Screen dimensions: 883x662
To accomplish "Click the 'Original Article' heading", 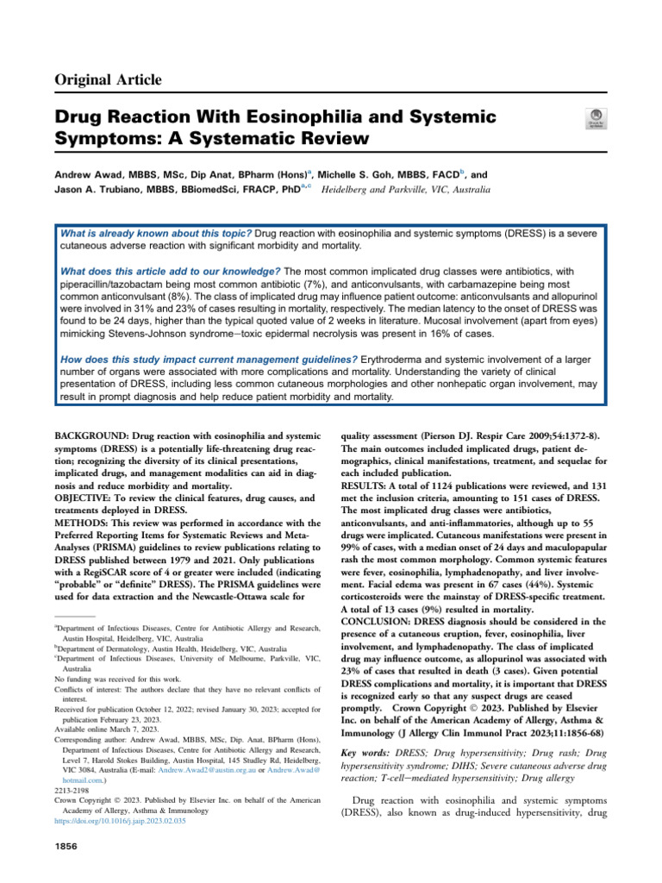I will tap(109, 80).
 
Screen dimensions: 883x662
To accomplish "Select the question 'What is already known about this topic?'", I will tap(155, 235).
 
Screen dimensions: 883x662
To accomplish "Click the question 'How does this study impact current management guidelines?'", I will tap(206, 359).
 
